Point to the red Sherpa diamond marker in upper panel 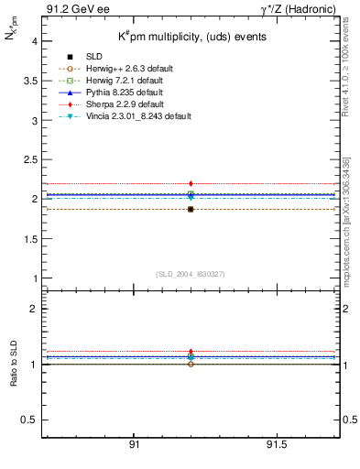tap(191, 184)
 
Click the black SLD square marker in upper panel tap(191, 210)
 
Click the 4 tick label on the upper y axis tap(34, 41)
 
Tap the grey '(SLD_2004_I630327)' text tap(191, 274)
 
